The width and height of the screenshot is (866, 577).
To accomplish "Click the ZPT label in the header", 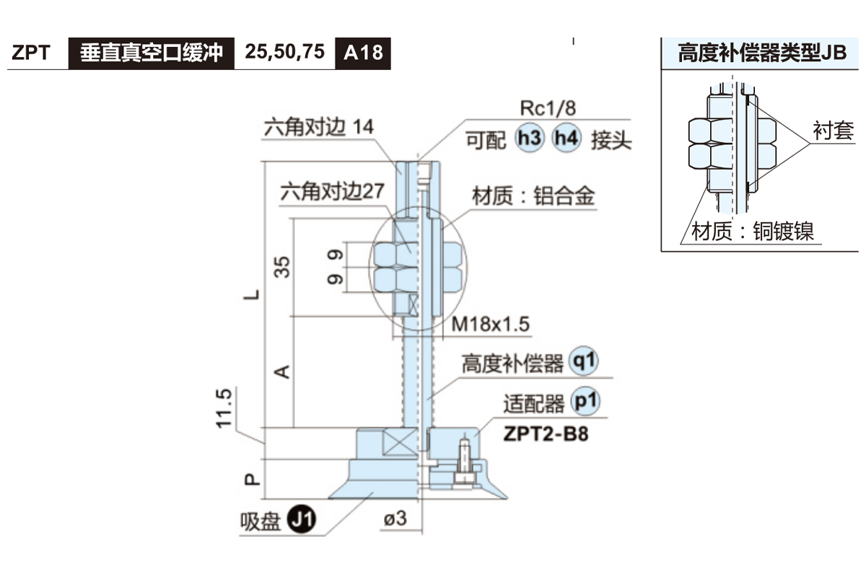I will pyautogui.click(x=30, y=53).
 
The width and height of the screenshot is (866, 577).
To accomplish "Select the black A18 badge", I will pyautogui.click(x=363, y=53).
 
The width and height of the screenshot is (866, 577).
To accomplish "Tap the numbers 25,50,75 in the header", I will pyautogui.click(x=284, y=53).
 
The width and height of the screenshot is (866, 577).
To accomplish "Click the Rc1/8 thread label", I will pyautogui.click(x=548, y=108).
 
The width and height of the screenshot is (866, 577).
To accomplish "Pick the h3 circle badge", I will pyautogui.click(x=529, y=138).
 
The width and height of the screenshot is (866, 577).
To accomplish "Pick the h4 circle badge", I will pyautogui.click(x=566, y=138).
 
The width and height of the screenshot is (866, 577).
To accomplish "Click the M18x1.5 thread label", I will pyautogui.click(x=491, y=325).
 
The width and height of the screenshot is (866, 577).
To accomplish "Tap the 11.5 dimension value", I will pyautogui.click(x=226, y=408).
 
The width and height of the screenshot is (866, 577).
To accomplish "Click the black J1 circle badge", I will pyautogui.click(x=302, y=519).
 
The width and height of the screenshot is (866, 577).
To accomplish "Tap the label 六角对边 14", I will pyautogui.click(x=318, y=128).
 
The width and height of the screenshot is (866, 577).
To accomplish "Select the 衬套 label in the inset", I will pyautogui.click(x=833, y=131).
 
